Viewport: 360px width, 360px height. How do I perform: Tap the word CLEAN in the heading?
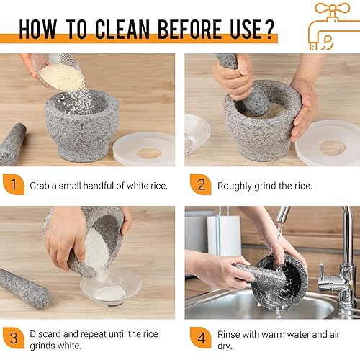(x=122, y=30)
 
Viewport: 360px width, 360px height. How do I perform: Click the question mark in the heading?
(x=269, y=29)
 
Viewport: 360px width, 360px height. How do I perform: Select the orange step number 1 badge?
(x=14, y=184)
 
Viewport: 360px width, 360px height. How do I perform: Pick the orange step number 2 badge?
(x=201, y=184)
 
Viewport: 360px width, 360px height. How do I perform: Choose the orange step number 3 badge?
(x=14, y=338)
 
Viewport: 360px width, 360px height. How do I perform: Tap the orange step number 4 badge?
(x=201, y=338)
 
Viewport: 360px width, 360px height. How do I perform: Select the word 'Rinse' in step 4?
(x=229, y=334)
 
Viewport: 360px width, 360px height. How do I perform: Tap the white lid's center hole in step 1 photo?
(x=149, y=153)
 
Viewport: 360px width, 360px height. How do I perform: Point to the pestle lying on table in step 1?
(x=12, y=145)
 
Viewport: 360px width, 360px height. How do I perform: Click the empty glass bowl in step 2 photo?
(x=197, y=133)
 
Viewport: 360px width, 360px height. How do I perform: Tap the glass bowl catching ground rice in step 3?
(x=111, y=288)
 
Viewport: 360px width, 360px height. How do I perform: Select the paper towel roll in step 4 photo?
(x=224, y=235)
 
